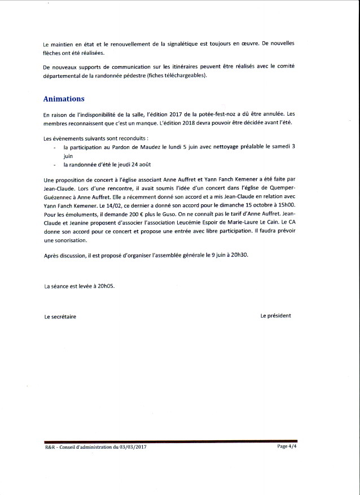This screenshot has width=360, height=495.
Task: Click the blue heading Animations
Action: click(64, 99)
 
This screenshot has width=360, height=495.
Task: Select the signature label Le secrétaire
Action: click(60, 317)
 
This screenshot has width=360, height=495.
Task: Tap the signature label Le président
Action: click(275, 316)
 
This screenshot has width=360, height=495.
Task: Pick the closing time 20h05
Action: click(105, 287)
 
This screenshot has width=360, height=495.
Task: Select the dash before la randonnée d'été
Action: click(54, 165)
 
